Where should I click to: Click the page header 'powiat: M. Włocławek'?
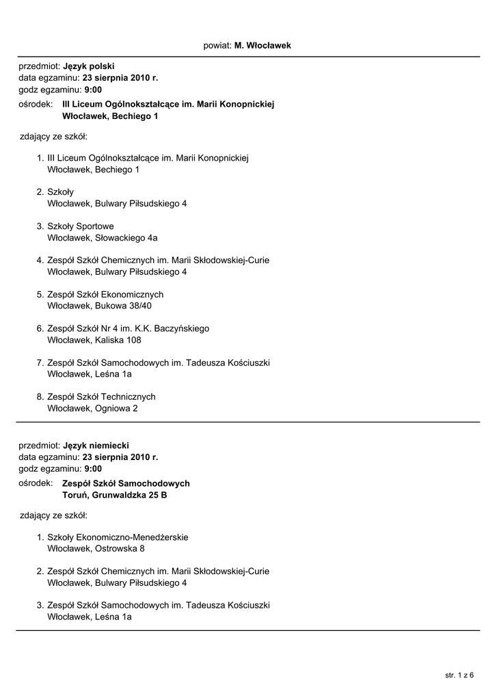(x=247, y=45)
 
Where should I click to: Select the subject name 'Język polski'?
(x=89, y=67)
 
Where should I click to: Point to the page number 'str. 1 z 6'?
(x=459, y=675)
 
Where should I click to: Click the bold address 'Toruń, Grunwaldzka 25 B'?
(x=115, y=495)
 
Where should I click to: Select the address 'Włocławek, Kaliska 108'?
(x=94, y=340)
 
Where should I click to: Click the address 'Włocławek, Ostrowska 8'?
(x=96, y=548)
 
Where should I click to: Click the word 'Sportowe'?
(x=95, y=226)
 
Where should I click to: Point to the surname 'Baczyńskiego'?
(x=182, y=329)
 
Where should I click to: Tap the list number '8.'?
(x=40, y=397)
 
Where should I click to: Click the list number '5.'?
(x=40, y=295)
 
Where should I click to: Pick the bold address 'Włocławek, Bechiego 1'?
(x=110, y=116)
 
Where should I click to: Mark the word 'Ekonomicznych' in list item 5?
(x=133, y=295)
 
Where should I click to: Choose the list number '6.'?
(x=40, y=329)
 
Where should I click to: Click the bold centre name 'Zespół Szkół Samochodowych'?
(x=126, y=483)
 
